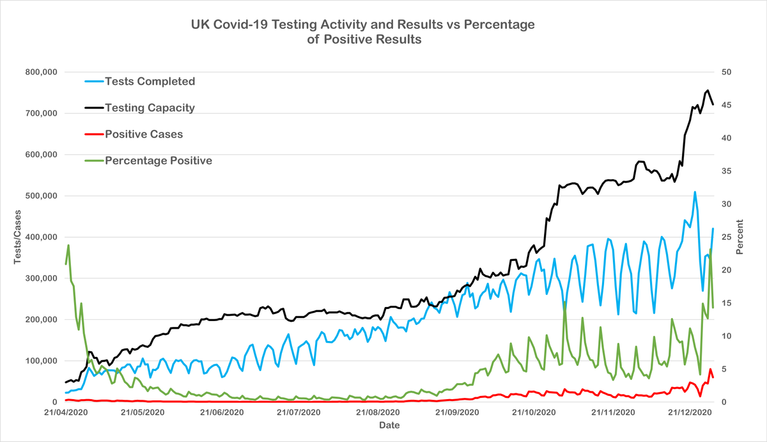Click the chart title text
(362, 32)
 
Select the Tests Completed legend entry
(150, 81)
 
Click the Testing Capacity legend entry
(150, 108)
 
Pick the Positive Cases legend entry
(143, 134)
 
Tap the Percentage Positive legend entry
(158, 161)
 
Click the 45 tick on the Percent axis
(727, 106)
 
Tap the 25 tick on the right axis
(727, 237)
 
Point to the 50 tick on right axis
(727, 72)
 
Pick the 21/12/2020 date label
(690, 413)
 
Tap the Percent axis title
(740, 237)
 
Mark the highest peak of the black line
(708, 90)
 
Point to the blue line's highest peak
(694, 192)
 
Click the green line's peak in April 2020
(68, 245)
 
